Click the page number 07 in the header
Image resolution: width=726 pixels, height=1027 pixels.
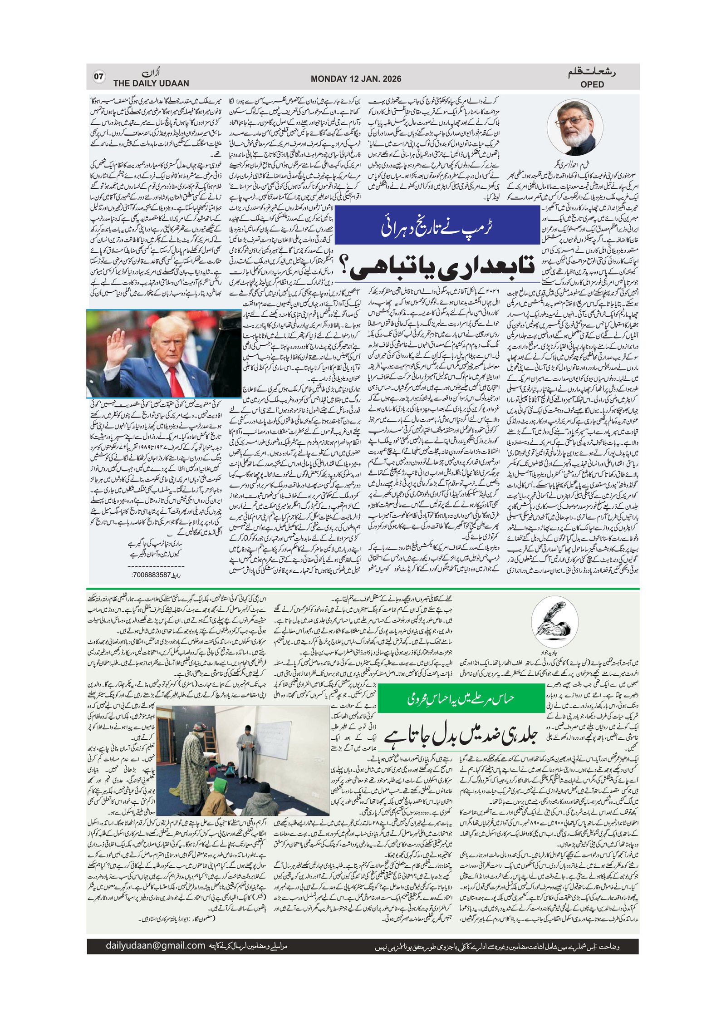coord(98,77)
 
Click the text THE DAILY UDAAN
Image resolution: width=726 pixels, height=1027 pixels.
coord(151,84)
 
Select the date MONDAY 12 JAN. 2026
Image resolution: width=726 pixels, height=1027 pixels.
coord(356,79)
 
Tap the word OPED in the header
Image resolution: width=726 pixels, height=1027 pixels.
coord(592,84)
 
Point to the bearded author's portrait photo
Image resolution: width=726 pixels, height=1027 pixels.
coord(575,129)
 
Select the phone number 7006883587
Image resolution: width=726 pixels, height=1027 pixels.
coord(152,575)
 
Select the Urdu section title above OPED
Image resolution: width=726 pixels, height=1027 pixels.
coord(592,73)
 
